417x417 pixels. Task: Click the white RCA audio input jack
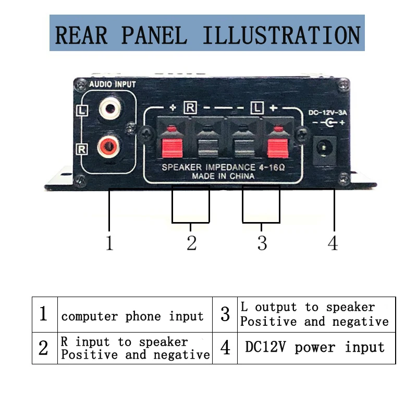click(110, 108)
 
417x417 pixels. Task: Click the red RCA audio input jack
click(108, 146)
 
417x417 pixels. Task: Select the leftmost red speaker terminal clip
click(172, 143)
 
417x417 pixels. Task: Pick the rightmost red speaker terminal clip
click(278, 143)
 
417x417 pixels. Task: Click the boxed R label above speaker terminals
click(190, 108)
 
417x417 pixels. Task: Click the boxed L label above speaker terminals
click(257, 108)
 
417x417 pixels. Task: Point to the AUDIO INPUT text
click(113, 84)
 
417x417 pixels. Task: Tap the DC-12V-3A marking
click(327, 113)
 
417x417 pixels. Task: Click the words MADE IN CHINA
click(223, 176)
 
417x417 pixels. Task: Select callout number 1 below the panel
click(109, 243)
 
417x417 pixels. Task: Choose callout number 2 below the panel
click(191, 243)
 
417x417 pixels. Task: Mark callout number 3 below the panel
click(262, 243)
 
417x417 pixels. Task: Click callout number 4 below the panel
click(333, 243)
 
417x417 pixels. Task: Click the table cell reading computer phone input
click(135, 315)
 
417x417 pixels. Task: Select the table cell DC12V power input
click(316, 348)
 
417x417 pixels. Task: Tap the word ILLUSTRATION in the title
click(281, 35)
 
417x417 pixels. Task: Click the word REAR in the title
click(81, 35)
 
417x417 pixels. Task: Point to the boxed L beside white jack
click(82, 111)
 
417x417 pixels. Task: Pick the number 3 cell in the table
click(225, 315)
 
